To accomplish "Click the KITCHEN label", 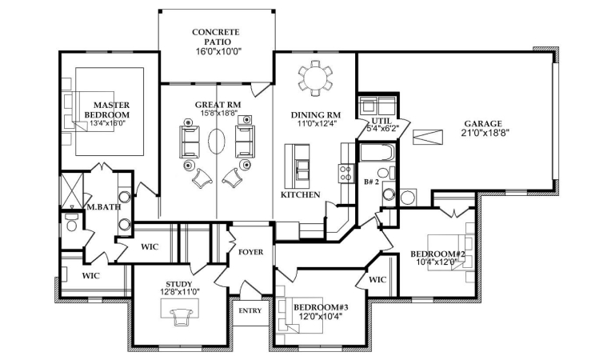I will click(301, 194).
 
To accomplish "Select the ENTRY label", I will click(250, 311).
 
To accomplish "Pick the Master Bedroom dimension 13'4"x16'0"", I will click(107, 123).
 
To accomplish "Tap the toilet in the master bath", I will click(71, 226).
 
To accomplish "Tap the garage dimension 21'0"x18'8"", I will click(484, 134).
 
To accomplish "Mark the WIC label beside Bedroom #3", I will click(377, 280).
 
